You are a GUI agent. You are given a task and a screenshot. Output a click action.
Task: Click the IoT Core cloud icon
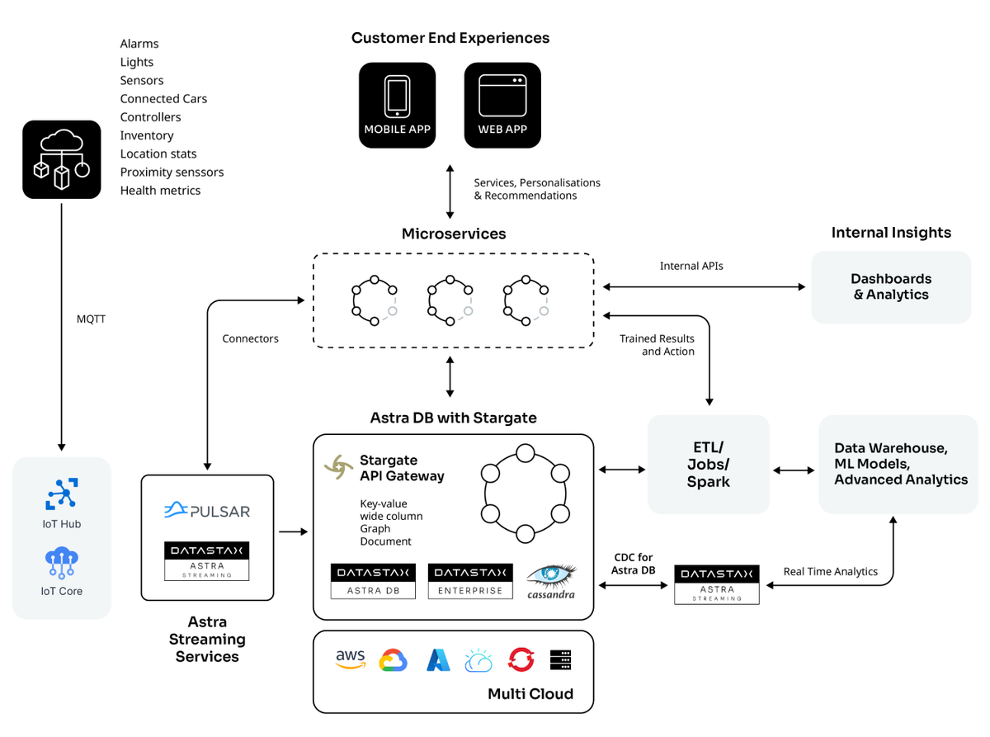pos(62,562)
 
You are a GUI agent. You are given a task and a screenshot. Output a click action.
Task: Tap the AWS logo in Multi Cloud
pos(351,659)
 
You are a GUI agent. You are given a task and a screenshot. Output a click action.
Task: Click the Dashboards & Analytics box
pos(891,286)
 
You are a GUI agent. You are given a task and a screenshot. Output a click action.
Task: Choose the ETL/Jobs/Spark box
pos(708,465)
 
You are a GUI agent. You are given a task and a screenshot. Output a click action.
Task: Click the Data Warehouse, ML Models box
pos(901,464)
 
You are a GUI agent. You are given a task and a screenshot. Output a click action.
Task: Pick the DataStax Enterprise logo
pos(469,581)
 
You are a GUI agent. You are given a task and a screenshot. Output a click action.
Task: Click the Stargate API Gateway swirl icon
pos(338,467)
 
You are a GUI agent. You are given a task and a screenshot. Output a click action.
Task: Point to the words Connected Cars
pos(163,98)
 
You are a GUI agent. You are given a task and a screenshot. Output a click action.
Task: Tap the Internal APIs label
pos(691,266)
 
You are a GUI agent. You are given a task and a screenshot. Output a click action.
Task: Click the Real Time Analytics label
pos(830,571)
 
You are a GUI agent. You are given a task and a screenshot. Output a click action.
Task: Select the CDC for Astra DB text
pos(634,565)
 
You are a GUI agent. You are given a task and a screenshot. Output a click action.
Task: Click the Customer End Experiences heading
pos(450,38)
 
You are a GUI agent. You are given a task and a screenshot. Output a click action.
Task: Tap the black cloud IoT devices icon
pos(61,159)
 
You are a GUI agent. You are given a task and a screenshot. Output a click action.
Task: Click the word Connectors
pos(250,338)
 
